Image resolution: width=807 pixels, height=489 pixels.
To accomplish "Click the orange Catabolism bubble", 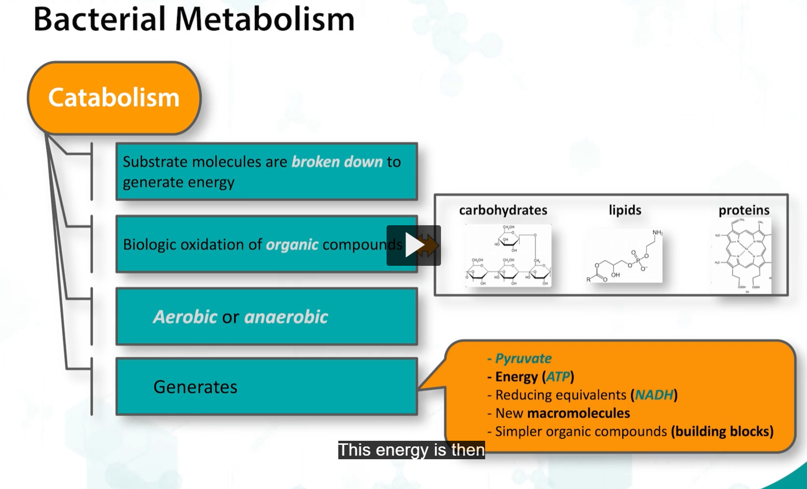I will (113, 97).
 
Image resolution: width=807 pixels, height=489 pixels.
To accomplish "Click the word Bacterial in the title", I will (99, 19).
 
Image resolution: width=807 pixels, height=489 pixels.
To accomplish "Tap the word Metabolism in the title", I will (264, 19).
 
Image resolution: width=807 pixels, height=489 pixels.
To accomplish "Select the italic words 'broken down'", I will (337, 162).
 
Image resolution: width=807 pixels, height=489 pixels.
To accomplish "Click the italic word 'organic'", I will (292, 245).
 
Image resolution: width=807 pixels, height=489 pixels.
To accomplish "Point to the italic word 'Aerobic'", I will (185, 317).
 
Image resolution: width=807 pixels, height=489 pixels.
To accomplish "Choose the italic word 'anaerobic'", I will (286, 317).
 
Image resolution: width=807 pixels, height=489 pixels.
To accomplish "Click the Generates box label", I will (195, 387).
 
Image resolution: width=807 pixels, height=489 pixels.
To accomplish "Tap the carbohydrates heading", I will (503, 210).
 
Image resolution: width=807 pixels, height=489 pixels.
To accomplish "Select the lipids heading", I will (625, 210).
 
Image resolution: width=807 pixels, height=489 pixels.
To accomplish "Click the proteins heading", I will (744, 210).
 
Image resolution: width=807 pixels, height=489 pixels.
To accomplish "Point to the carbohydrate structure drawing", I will (508, 255).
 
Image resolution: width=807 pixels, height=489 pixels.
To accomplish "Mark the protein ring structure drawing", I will (742, 255).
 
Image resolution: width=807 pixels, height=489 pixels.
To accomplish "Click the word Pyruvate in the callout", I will (523, 359).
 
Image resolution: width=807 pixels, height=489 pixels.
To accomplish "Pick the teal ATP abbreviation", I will (558, 377).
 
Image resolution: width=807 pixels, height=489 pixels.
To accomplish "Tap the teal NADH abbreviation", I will (654, 395).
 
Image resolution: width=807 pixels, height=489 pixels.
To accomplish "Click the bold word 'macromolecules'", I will (578, 414).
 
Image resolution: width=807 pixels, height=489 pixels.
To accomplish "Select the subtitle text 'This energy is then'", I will (411, 450).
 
